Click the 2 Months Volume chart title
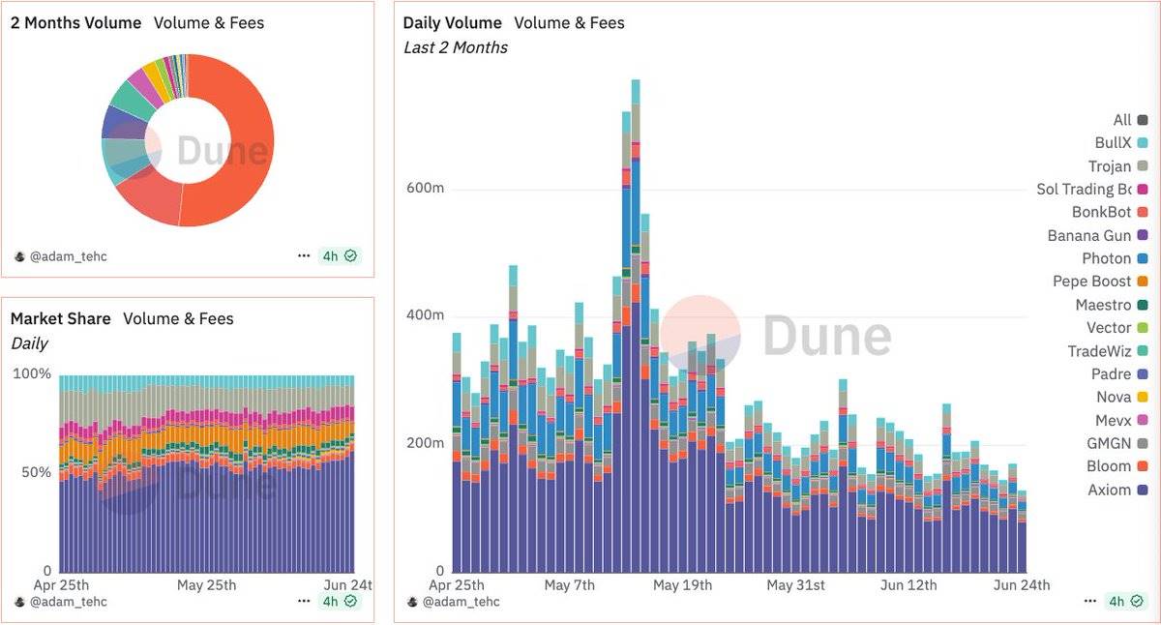click(75, 22)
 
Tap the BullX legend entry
click(1113, 142)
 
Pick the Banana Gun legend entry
click(1089, 235)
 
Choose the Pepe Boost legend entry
click(1092, 282)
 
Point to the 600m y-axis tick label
click(424, 189)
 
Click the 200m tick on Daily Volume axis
click(424, 443)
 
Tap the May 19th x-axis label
click(682, 585)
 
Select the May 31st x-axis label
click(795, 585)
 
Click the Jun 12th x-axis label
click(908, 585)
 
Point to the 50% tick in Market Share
click(32, 472)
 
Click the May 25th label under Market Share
click(206, 585)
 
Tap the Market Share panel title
click(60, 318)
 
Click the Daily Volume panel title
click(452, 22)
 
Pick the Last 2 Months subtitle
click(455, 47)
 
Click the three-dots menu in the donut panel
click(304, 256)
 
